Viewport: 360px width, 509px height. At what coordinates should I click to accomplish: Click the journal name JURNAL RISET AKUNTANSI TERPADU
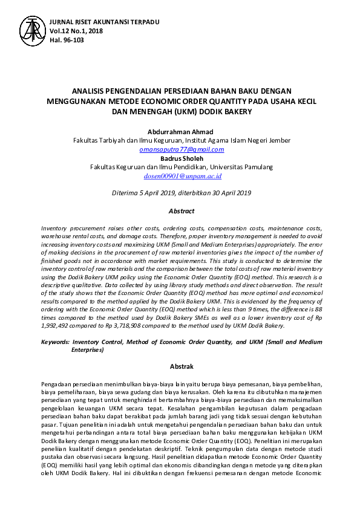(x=105, y=22)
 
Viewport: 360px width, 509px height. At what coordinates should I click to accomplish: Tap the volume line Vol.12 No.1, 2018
(x=76, y=31)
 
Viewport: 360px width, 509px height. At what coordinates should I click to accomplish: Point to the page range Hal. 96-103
(x=67, y=40)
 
